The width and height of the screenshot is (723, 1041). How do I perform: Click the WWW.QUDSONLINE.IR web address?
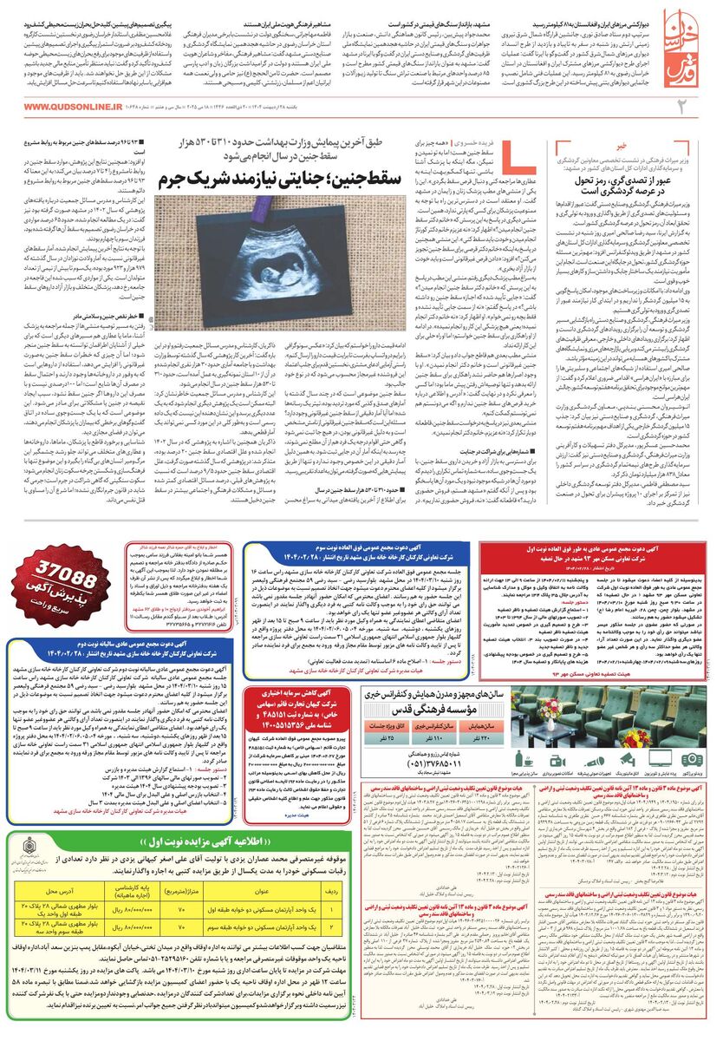[x=66, y=107]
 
